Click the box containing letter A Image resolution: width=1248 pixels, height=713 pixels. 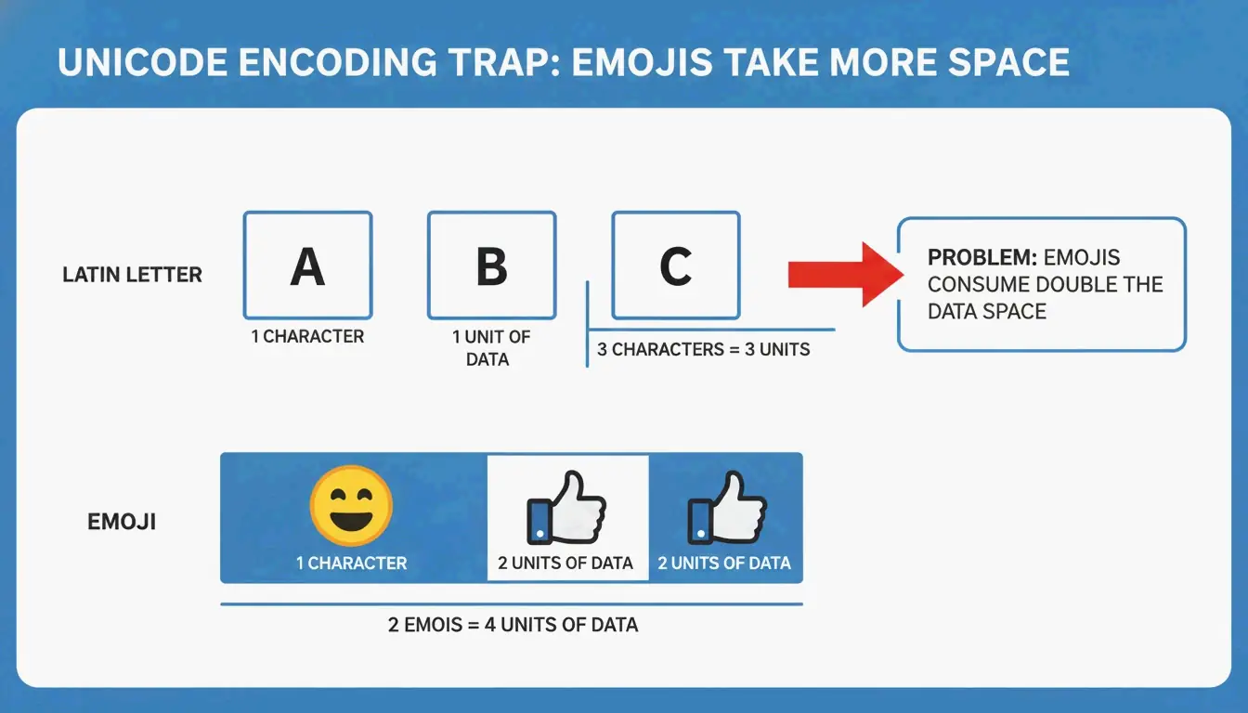pos(307,266)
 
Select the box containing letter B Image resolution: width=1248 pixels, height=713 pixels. pos(491,266)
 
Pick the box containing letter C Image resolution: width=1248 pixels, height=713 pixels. pos(675,266)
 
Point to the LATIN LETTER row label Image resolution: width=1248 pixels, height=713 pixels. pos(132,275)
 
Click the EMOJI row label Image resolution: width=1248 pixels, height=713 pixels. pos(122,522)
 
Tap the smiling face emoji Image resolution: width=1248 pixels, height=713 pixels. pos(350,507)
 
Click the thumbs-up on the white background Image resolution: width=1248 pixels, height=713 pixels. pos(566,509)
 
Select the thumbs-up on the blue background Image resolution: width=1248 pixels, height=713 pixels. pos(726,509)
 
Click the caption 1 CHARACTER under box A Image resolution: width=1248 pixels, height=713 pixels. pos(307,336)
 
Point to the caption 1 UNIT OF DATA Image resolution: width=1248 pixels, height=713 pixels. pos(491,347)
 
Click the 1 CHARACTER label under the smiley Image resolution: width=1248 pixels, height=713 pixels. pos(351,563)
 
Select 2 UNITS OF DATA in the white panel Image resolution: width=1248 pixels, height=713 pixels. pos(565,563)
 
